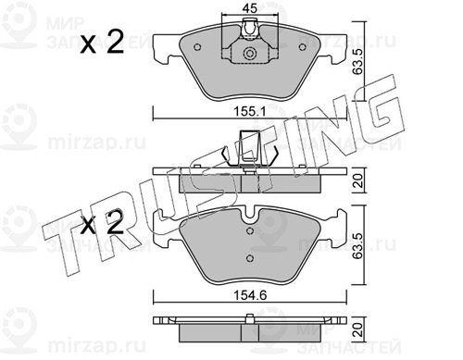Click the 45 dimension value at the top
pyautogui.click(x=250, y=8)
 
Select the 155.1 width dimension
pyautogui.click(x=249, y=112)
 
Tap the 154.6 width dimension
pyautogui.click(x=250, y=295)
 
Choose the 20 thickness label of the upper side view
pyautogui.click(x=357, y=180)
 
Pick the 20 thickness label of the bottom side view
pyautogui.click(x=357, y=329)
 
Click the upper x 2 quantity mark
pyautogui.click(x=102, y=43)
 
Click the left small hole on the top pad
pyautogui.click(x=198, y=47)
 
